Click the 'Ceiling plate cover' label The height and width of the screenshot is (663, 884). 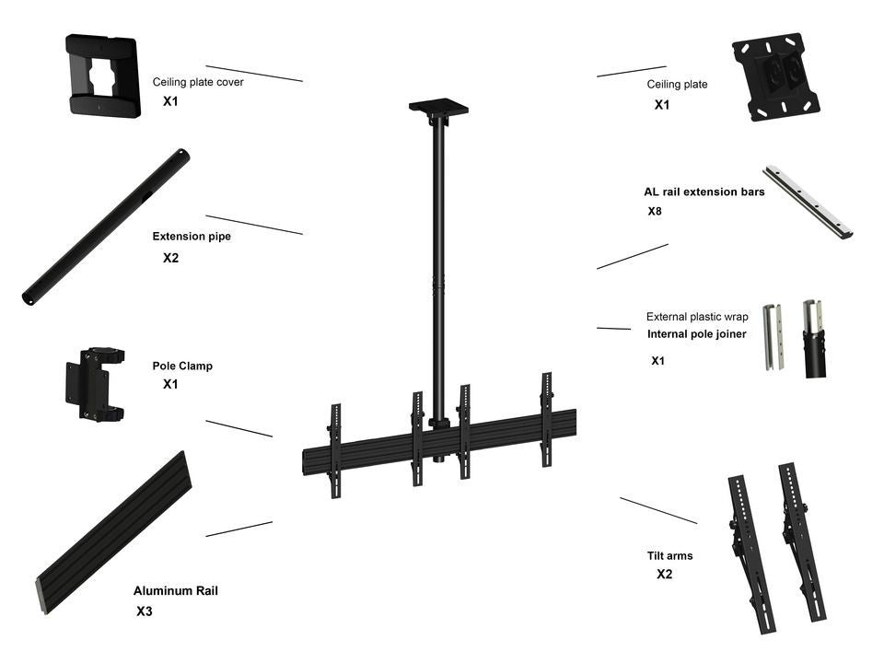pyautogui.click(x=198, y=82)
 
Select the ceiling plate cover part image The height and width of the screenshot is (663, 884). pyautogui.click(x=102, y=76)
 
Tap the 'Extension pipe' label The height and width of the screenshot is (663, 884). pyautogui.click(x=192, y=237)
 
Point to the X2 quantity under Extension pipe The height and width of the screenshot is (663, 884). pyautogui.click(x=170, y=258)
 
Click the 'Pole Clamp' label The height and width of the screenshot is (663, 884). pyautogui.click(x=182, y=366)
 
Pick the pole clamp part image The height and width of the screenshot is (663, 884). pyautogui.click(x=94, y=384)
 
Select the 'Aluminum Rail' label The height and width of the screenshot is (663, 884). pyautogui.click(x=175, y=591)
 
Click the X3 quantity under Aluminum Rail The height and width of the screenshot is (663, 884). pyautogui.click(x=145, y=611)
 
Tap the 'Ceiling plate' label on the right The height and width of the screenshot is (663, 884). pyautogui.click(x=677, y=85)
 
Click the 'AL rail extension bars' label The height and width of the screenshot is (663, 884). pyautogui.click(x=704, y=192)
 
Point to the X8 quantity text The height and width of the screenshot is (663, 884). pyautogui.click(x=655, y=212)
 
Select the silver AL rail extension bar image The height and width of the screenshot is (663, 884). pyautogui.click(x=808, y=202)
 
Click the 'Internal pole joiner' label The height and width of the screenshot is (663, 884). pyautogui.click(x=696, y=334)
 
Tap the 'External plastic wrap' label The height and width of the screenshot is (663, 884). pyautogui.click(x=696, y=317)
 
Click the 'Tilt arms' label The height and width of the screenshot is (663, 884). pyautogui.click(x=669, y=556)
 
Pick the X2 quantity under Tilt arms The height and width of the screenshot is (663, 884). pyautogui.click(x=664, y=575)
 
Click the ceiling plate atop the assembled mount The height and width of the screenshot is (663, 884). pyautogui.click(x=438, y=107)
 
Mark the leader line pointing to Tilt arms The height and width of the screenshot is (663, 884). pyautogui.click(x=657, y=510)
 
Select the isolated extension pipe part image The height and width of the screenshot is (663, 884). pyautogui.click(x=106, y=227)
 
